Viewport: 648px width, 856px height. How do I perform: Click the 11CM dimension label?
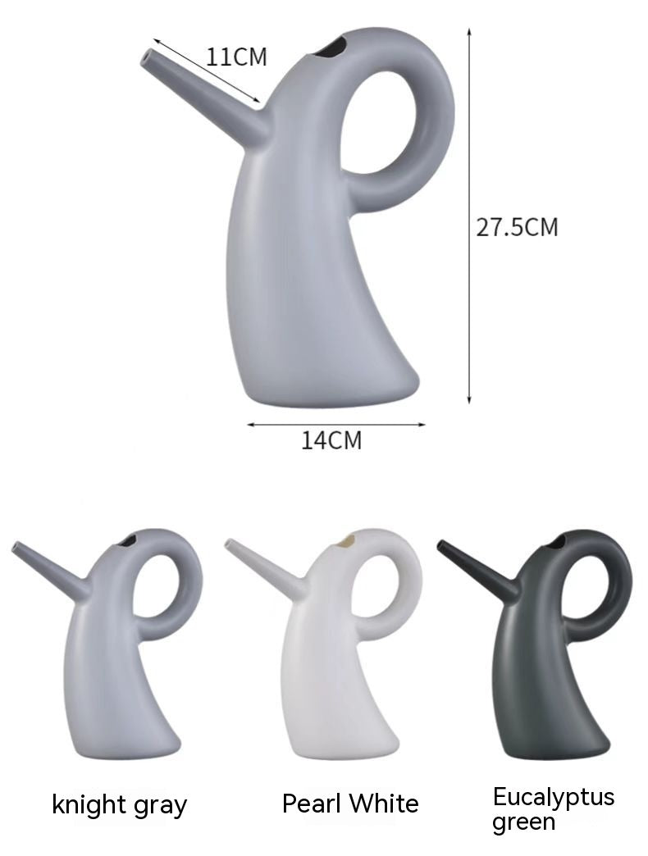point(237,57)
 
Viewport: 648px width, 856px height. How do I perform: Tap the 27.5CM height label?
point(517,227)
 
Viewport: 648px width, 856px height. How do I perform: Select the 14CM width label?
point(331,440)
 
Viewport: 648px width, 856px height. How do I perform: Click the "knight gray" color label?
point(119,805)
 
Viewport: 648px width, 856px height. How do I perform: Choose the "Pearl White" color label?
point(350,804)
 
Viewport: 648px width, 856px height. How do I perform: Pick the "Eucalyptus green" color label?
point(553,808)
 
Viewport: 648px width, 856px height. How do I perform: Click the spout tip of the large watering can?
point(148,57)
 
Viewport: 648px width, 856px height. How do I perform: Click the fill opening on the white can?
point(348,540)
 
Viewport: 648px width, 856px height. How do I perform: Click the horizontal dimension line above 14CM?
point(336,424)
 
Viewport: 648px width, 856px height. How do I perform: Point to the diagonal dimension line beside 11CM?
point(205,71)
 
